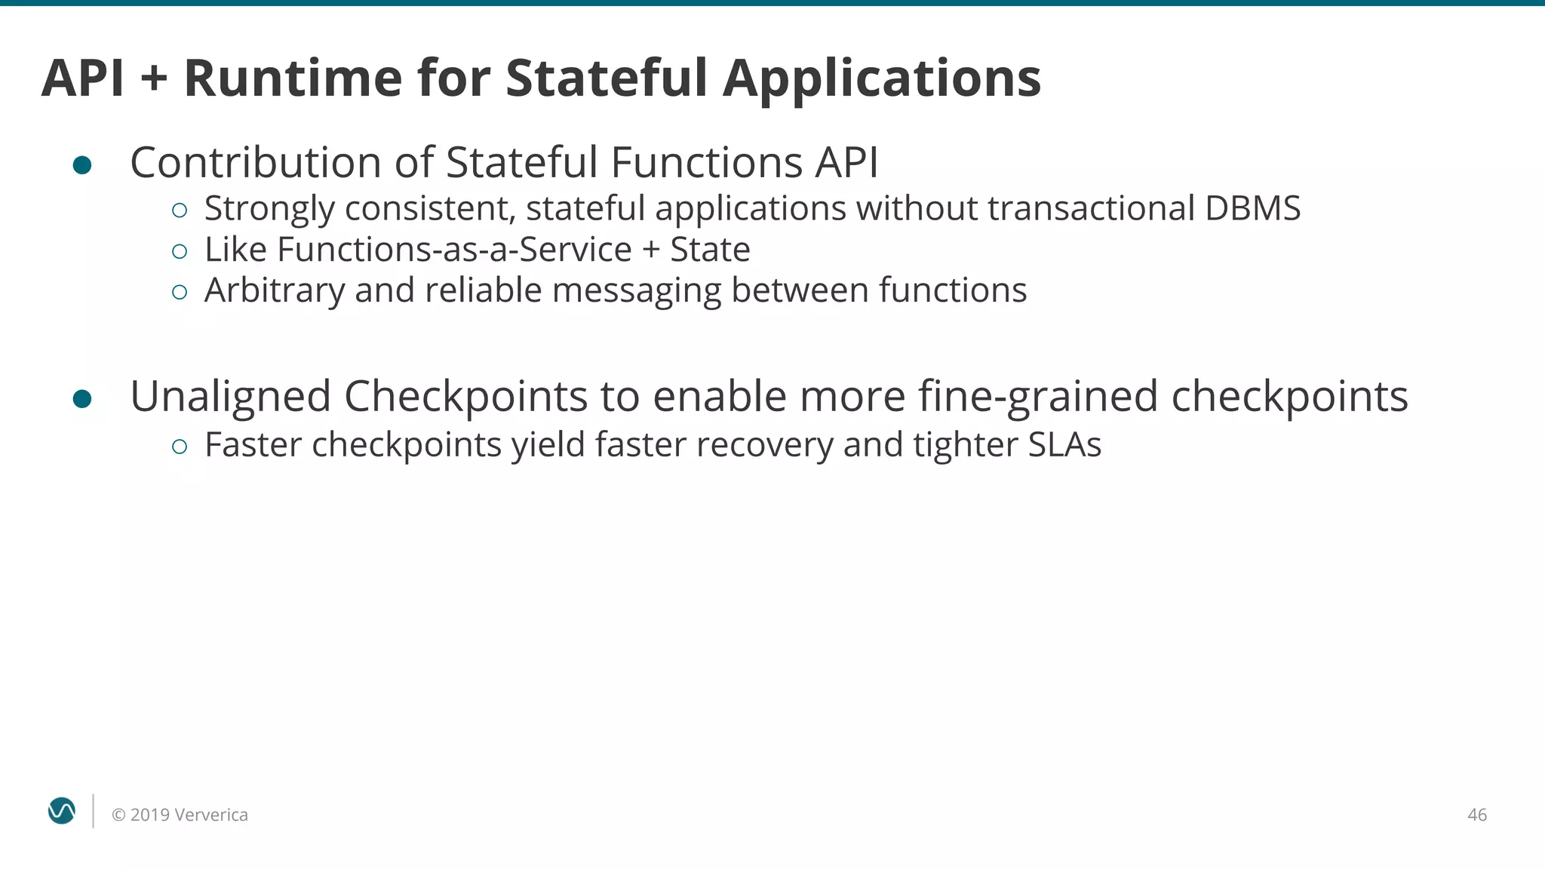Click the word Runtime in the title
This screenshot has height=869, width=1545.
[293, 78]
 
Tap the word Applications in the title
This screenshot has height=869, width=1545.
[882, 79]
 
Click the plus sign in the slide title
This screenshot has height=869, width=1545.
[154, 78]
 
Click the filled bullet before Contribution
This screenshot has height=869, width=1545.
[82, 165]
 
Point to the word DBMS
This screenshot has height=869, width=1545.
[1252, 208]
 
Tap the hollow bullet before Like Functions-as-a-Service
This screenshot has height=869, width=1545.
[180, 251]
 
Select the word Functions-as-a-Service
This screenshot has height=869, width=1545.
[454, 250]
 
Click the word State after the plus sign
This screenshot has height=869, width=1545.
[710, 250]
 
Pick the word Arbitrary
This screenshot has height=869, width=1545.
[274, 291]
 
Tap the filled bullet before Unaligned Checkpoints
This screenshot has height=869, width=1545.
[82, 398]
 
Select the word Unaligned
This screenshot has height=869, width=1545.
[231, 397]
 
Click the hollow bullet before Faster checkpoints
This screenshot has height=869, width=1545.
[180, 447]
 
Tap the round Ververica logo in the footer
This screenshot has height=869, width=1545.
[62, 811]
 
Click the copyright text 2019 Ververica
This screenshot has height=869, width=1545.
[180, 815]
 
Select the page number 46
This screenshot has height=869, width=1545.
[1476, 815]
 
